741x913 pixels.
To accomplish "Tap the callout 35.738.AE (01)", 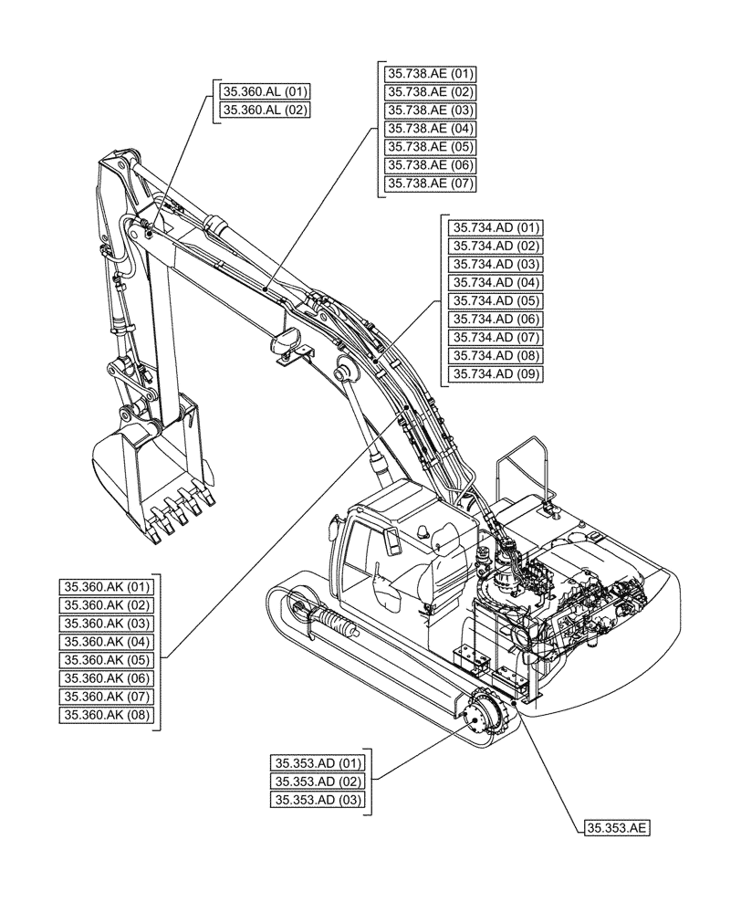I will [x=431, y=74].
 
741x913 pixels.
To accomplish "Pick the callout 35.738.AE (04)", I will [x=431, y=129].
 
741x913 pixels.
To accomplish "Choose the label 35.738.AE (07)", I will [x=431, y=184].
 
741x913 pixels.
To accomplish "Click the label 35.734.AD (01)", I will [x=496, y=227].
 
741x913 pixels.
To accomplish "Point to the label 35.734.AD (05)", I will [x=496, y=301].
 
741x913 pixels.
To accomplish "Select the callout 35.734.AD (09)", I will [x=496, y=374].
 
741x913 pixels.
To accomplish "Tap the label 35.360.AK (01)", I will [x=109, y=586].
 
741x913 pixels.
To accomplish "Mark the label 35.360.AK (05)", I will [x=109, y=660].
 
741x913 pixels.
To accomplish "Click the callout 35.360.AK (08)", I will [x=109, y=715].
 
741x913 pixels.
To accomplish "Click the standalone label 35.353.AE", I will [x=616, y=828].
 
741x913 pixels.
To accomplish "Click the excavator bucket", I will [x=151, y=475].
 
